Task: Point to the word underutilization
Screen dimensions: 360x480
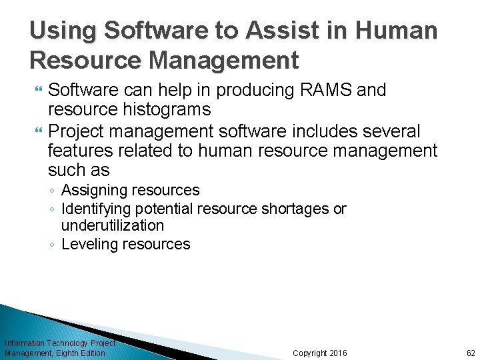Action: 113,225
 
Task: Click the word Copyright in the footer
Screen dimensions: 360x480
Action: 310,353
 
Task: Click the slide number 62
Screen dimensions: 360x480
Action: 471,353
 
